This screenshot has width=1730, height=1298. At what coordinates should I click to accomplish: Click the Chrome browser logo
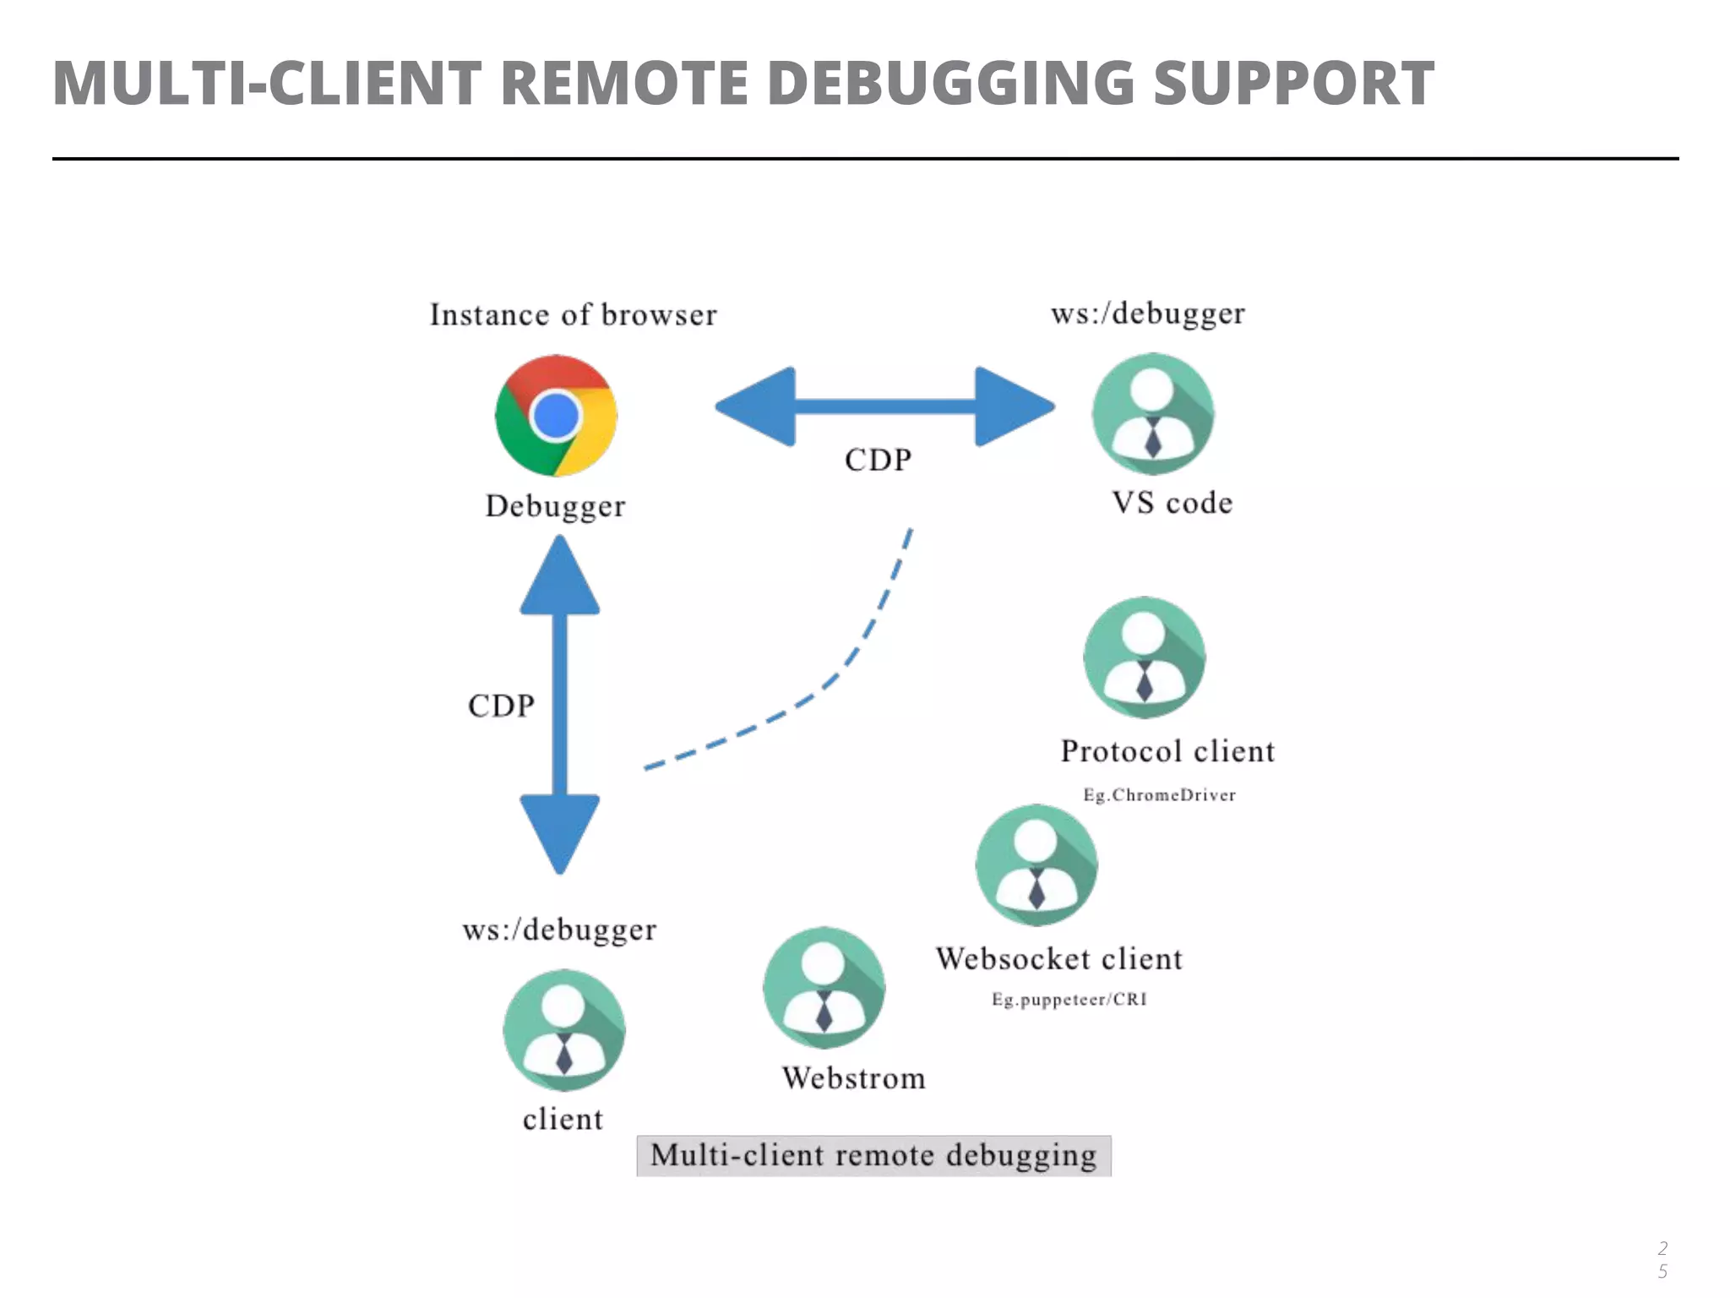(x=556, y=415)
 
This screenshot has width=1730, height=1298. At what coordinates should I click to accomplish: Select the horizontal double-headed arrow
(x=884, y=406)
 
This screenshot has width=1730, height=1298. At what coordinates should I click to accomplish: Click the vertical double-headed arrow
(x=559, y=705)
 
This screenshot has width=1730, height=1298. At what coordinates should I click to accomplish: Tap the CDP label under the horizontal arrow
(x=878, y=460)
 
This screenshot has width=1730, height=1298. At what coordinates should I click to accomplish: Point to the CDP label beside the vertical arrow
(x=501, y=706)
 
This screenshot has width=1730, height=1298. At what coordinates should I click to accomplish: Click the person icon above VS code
(x=1152, y=414)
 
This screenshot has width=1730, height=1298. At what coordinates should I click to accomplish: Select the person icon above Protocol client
(x=1144, y=657)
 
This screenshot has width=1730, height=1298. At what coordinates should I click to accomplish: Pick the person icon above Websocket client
(x=1036, y=864)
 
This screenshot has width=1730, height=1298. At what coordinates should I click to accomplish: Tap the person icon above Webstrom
(x=824, y=987)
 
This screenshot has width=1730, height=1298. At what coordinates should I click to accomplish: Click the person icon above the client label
(x=563, y=1030)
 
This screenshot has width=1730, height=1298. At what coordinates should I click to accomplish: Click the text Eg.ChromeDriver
(x=1159, y=795)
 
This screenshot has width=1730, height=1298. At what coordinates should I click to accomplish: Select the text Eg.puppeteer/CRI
(x=1069, y=1000)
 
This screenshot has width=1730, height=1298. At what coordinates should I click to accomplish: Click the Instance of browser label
(x=573, y=314)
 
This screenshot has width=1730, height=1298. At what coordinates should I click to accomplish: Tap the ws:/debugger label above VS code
(x=1147, y=314)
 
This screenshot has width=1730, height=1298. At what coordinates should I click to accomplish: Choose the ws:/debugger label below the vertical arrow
(x=559, y=930)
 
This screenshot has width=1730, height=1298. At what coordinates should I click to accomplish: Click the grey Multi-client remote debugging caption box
(x=873, y=1155)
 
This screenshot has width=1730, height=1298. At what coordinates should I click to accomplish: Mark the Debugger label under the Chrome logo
(x=555, y=505)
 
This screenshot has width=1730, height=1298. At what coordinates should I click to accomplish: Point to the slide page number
(x=1662, y=1259)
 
